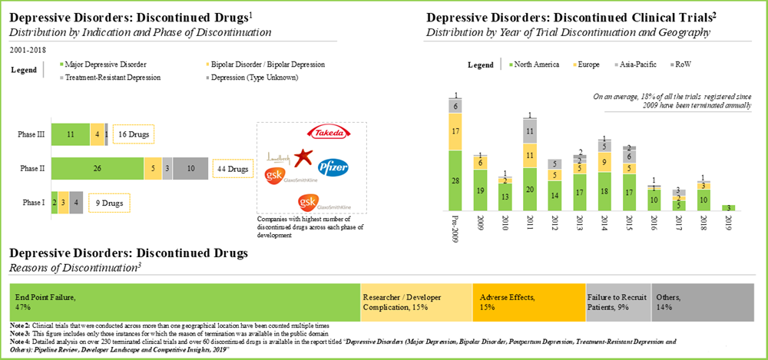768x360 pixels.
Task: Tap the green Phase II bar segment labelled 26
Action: (x=97, y=168)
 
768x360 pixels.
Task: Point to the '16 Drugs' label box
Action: (x=132, y=134)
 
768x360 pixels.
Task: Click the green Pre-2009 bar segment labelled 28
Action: (x=456, y=180)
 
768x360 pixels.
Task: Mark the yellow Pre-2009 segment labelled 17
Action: (x=456, y=131)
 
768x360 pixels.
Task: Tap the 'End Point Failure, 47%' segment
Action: (x=184, y=301)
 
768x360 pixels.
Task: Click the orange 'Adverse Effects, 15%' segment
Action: (x=530, y=301)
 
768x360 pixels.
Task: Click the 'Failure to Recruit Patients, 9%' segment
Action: (x=617, y=301)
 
